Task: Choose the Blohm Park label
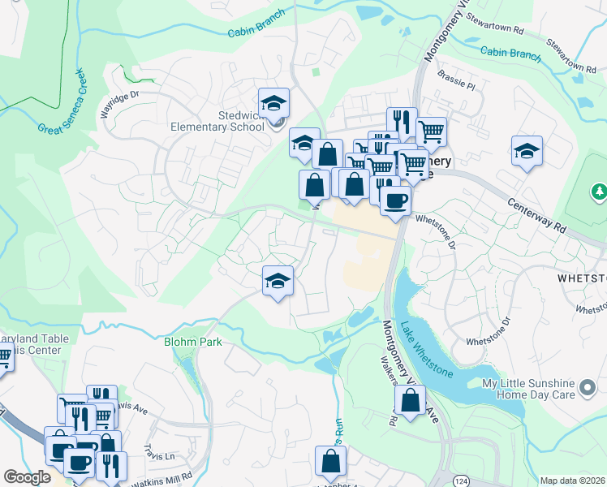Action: [193, 342]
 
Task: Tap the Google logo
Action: [27, 477]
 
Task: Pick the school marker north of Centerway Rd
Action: [527, 151]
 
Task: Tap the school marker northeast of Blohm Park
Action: [278, 281]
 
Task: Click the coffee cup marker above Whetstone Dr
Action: [394, 200]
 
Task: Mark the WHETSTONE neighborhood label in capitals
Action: [582, 278]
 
